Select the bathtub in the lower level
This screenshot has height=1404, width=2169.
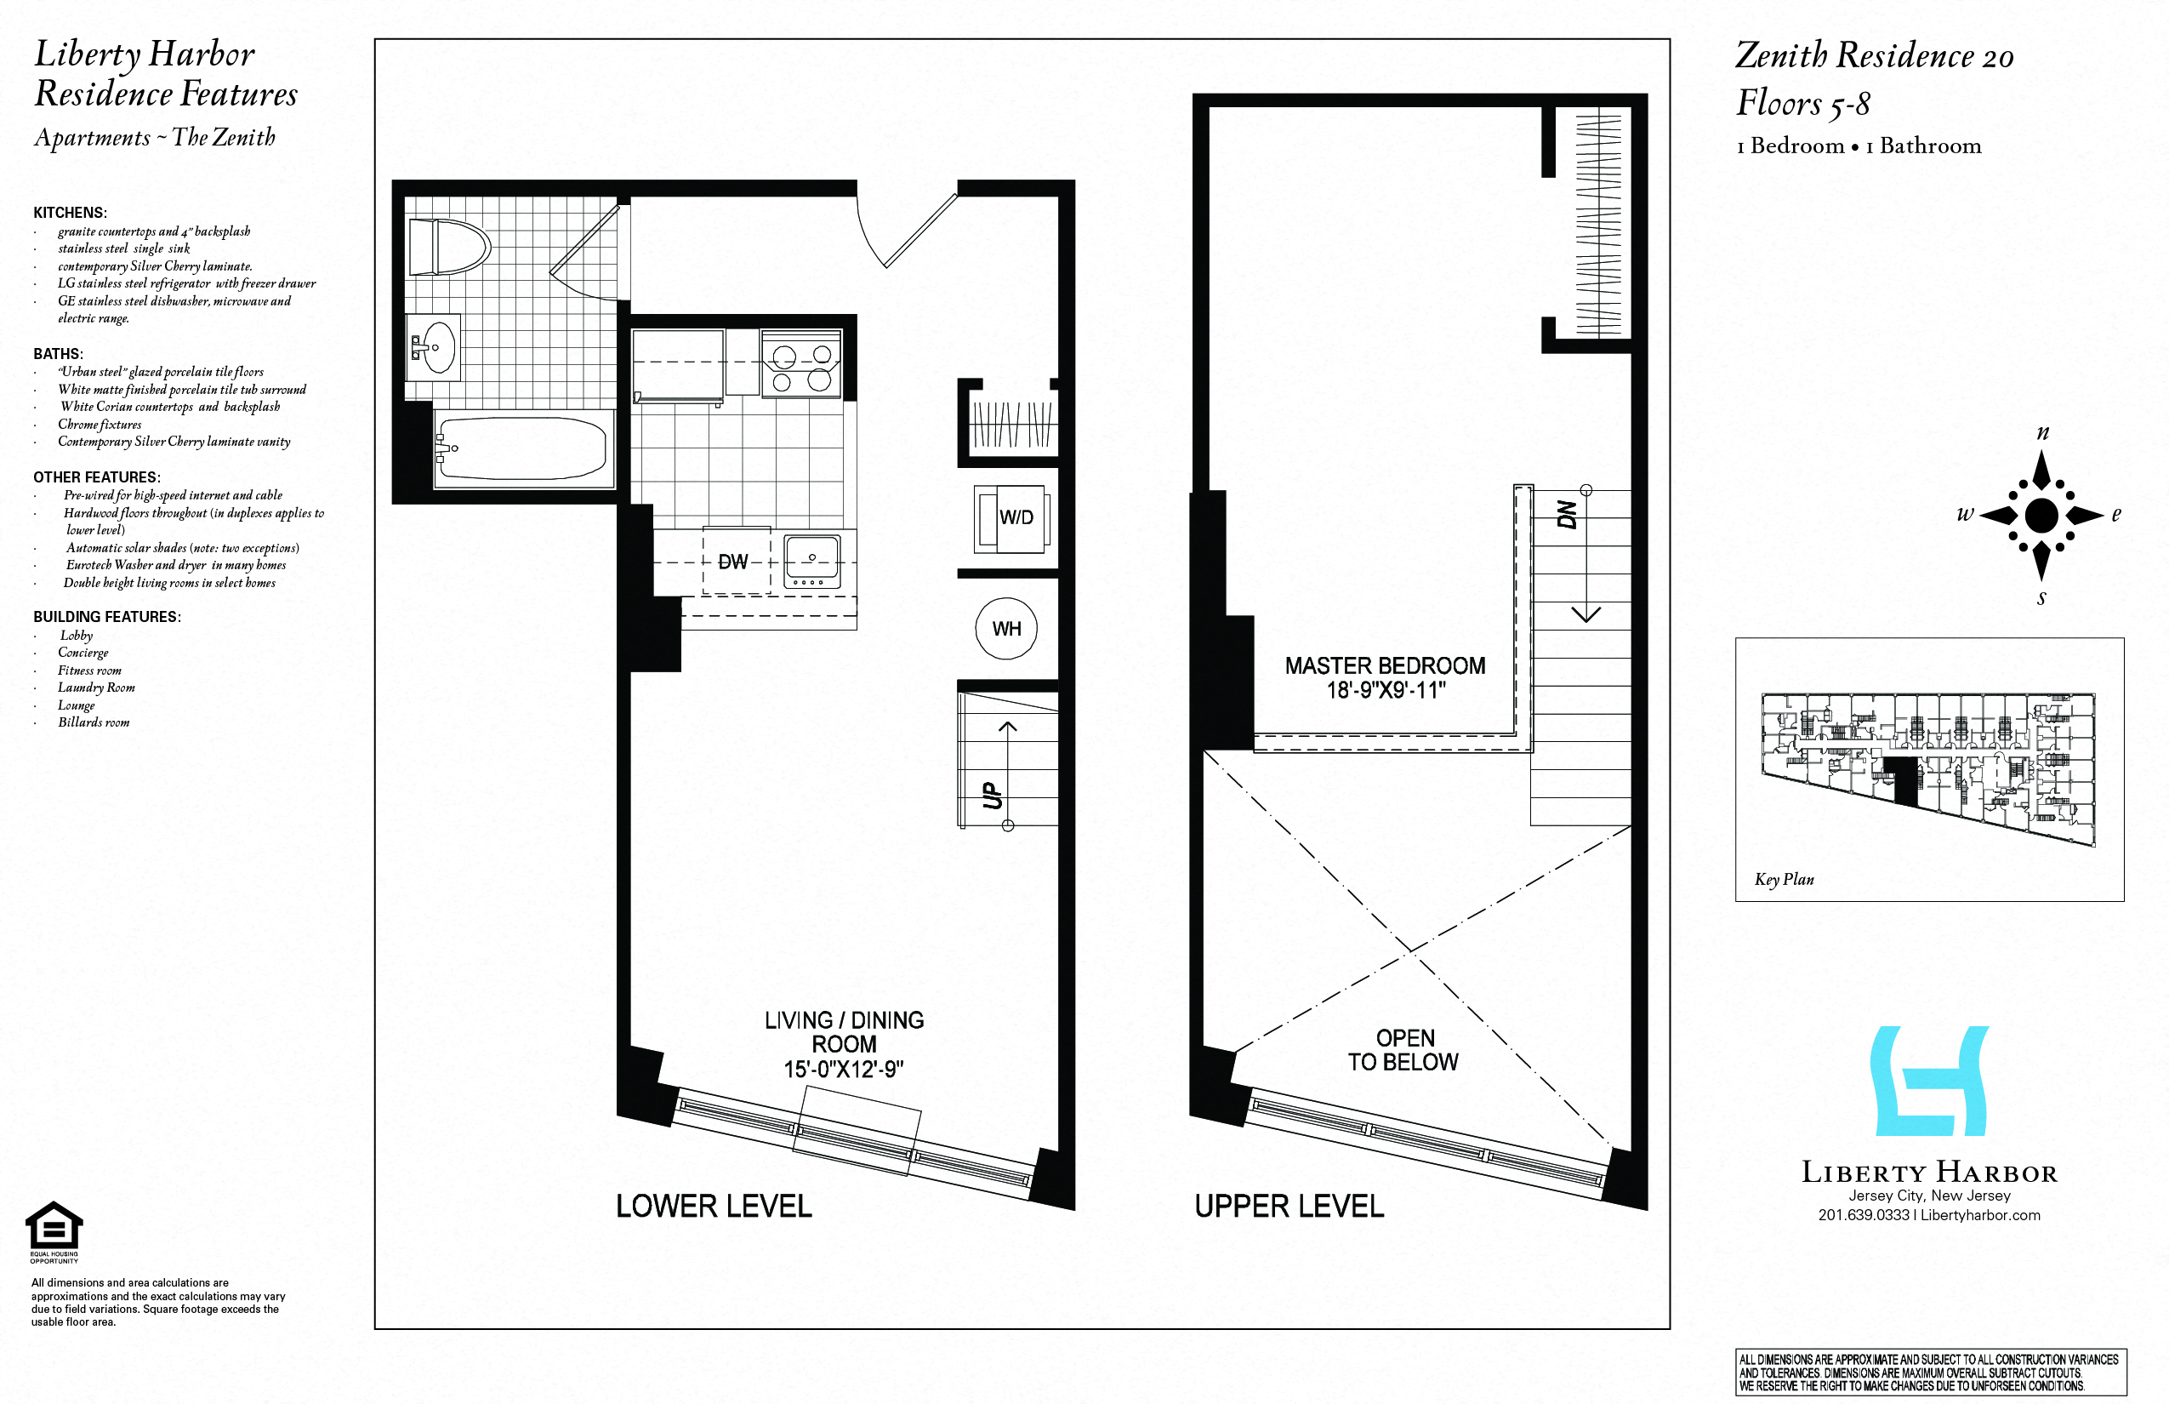click(521, 448)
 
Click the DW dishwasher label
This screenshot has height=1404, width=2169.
click(732, 562)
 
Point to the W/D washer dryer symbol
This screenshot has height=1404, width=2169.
click(1013, 518)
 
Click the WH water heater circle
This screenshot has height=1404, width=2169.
click(1006, 628)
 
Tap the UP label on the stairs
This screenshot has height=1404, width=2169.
click(993, 795)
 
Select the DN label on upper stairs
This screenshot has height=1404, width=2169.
click(1567, 514)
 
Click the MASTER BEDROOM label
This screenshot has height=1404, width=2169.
click(1385, 665)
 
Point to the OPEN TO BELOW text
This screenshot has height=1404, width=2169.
click(1403, 1049)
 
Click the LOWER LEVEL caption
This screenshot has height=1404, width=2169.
click(714, 1207)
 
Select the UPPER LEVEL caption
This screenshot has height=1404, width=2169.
click(1289, 1207)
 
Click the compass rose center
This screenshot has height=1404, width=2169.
click(2041, 515)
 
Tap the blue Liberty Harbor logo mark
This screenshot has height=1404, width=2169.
click(1928, 1082)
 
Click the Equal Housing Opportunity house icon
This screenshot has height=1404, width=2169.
click(54, 1226)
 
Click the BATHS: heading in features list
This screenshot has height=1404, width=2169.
click(59, 354)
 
